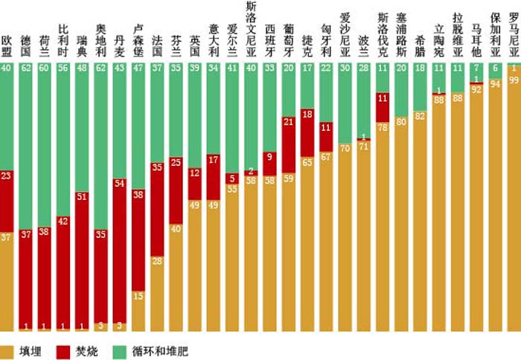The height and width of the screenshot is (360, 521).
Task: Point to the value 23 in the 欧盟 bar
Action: [7, 176]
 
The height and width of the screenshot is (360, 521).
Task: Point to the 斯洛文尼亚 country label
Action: [252, 28]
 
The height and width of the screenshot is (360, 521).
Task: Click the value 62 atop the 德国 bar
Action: [26, 68]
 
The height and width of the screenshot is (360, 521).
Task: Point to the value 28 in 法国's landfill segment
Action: [158, 260]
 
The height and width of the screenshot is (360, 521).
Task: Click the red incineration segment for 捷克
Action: [308, 133]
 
